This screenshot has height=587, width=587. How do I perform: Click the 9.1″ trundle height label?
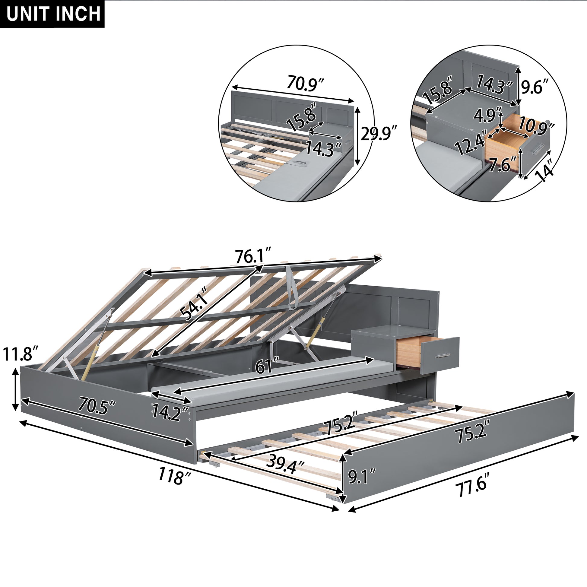point(362,476)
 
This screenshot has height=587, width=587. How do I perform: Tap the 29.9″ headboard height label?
point(378,134)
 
